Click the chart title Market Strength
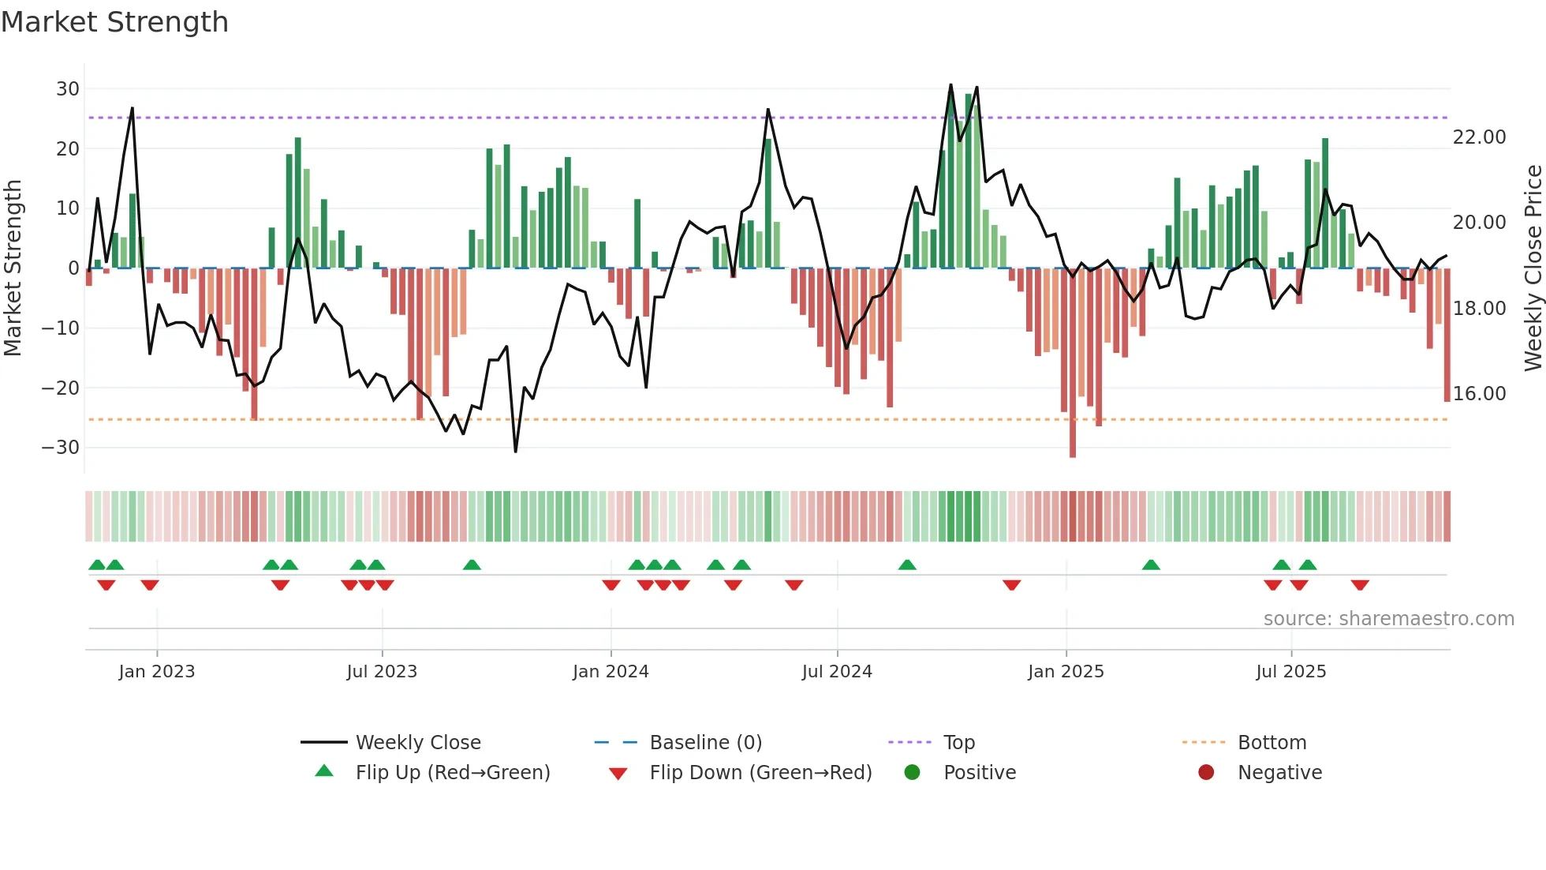[x=114, y=22]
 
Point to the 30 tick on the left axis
[x=68, y=89]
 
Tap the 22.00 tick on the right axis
[x=1479, y=137]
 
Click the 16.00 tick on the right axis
[x=1479, y=394]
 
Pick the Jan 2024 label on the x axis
[x=611, y=672]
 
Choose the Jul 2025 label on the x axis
[x=1291, y=672]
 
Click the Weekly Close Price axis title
[x=1533, y=268]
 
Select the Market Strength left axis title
[x=13, y=268]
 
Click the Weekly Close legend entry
[x=418, y=743]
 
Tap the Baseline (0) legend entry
[x=705, y=743]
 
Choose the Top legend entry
[x=959, y=743]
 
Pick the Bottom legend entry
[x=1272, y=743]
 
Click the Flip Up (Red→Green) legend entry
[x=453, y=773]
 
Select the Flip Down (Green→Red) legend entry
[x=760, y=773]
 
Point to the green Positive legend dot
[x=912, y=773]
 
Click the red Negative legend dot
[x=1206, y=773]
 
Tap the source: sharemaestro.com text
[x=1388, y=619]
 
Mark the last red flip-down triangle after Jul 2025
[x=1360, y=585]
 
